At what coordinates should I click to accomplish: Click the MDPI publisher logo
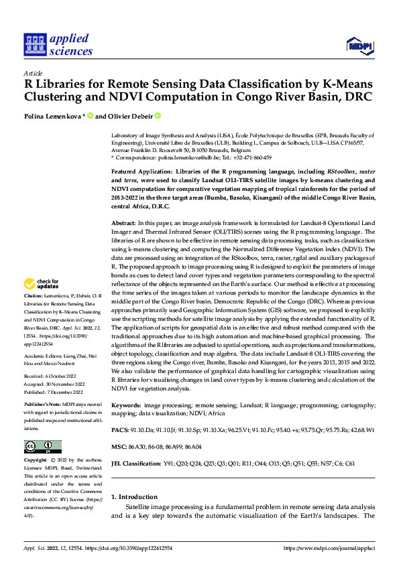[x=359, y=46]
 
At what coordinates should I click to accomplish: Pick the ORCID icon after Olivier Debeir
[x=158, y=115]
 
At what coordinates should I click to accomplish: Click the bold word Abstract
[x=123, y=222]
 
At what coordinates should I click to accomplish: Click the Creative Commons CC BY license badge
[x=42, y=447]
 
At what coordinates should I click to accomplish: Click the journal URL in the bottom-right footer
[x=329, y=548]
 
